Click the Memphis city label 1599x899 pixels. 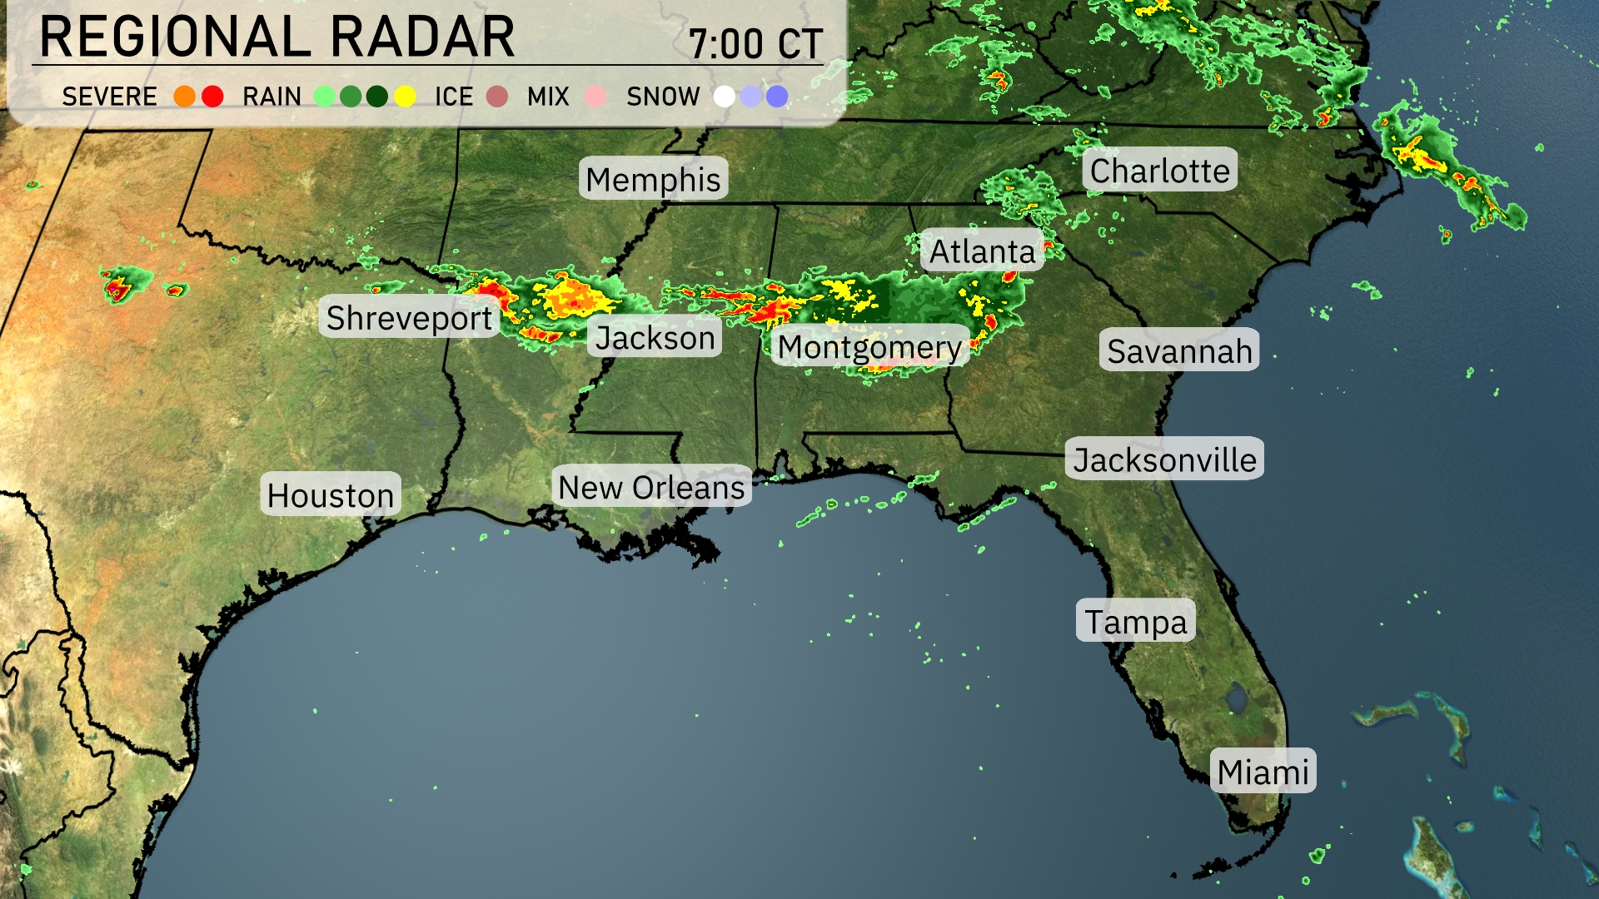click(653, 179)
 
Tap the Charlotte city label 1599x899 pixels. click(1159, 171)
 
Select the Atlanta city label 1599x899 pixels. click(982, 251)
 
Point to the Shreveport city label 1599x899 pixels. click(409, 317)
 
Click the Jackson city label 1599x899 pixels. click(655, 337)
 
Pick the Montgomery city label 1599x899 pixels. click(869, 346)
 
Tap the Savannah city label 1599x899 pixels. click(1179, 350)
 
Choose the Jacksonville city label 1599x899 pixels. click(1164, 459)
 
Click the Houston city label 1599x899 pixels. click(331, 495)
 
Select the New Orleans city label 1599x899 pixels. click(651, 487)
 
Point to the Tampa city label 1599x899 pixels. click(1135, 621)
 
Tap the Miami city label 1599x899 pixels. click(1263, 772)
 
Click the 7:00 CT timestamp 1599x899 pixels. click(755, 43)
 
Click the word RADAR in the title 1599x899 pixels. click(422, 37)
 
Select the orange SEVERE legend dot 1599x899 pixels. click(185, 97)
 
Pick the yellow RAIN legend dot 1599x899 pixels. click(405, 97)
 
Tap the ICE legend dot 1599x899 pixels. click(497, 97)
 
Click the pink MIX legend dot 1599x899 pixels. click(595, 97)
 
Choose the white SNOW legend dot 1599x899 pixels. click(725, 97)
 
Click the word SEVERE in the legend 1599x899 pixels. click(109, 97)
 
